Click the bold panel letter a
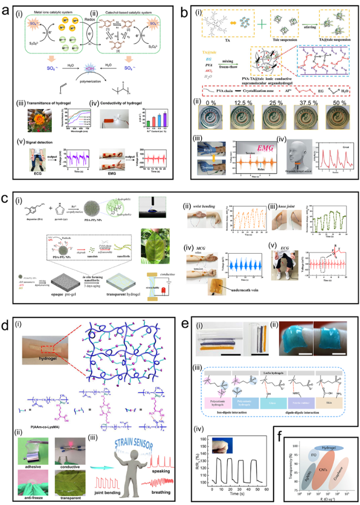pos(7,7)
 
